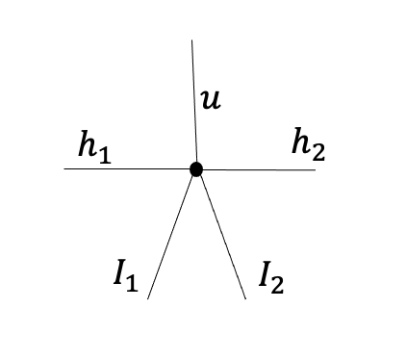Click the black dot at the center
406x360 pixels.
click(x=196, y=169)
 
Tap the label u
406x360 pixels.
click(x=211, y=98)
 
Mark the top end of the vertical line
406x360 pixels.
click(x=192, y=40)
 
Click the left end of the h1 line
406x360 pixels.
click(x=65, y=169)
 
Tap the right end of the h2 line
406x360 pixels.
click(x=315, y=169)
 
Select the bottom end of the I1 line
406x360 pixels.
click(x=148, y=298)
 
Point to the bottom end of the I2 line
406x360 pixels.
click(x=245, y=298)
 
